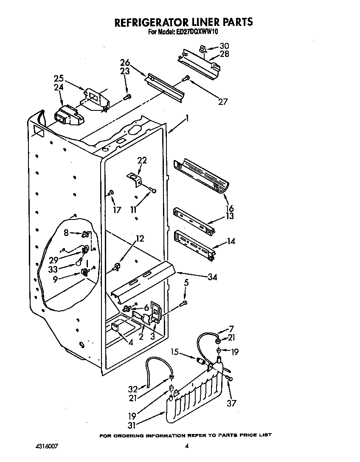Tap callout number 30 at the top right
(224, 46)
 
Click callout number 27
(222, 101)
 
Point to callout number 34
(212, 277)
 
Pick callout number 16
(229, 208)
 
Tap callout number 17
(117, 210)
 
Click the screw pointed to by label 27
(186, 79)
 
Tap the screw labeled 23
(126, 97)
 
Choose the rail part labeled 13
(193, 220)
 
